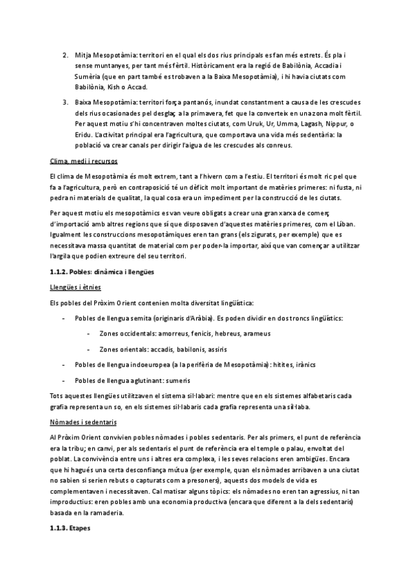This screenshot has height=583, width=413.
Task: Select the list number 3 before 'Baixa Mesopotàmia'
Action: [x=65, y=102]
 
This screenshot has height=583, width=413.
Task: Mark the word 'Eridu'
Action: [x=85, y=135]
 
